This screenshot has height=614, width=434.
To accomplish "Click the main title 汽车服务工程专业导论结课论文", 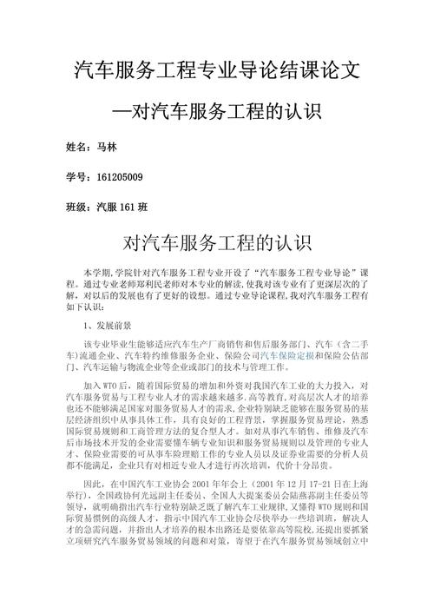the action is coord(217,69).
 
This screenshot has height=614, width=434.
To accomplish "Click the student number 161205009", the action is coord(119,177).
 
